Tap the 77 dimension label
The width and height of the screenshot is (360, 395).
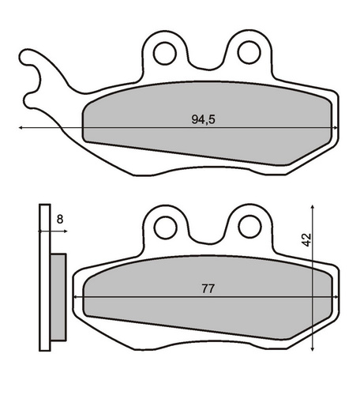point(208,289)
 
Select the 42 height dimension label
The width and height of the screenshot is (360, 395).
point(306,239)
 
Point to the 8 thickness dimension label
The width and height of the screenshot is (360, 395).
point(60,219)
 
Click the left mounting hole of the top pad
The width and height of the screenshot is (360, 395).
point(165,53)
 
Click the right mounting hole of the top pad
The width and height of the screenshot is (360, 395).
point(249,52)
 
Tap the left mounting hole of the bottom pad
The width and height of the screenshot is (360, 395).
point(165,228)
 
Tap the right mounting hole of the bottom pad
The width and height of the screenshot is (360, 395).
point(249,227)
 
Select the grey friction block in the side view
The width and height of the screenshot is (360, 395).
point(58,297)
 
